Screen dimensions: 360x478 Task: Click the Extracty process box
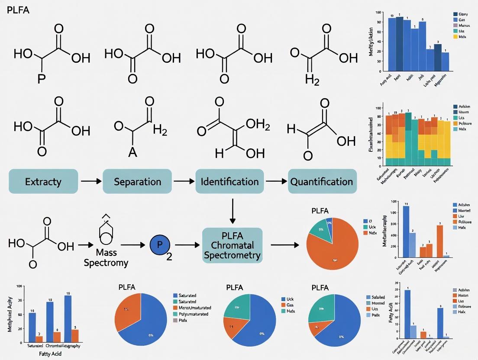(x=43, y=181)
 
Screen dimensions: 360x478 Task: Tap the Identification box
(x=229, y=181)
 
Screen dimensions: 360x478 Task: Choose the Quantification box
(x=323, y=181)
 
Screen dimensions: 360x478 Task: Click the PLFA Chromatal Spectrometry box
(x=232, y=245)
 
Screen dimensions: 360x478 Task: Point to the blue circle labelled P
(x=160, y=245)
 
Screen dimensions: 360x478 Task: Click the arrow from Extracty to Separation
(x=90, y=181)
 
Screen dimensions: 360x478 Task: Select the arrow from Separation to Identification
(x=183, y=181)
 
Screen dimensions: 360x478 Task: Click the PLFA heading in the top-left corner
(x=18, y=10)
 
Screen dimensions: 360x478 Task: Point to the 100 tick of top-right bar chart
(x=378, y=13)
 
